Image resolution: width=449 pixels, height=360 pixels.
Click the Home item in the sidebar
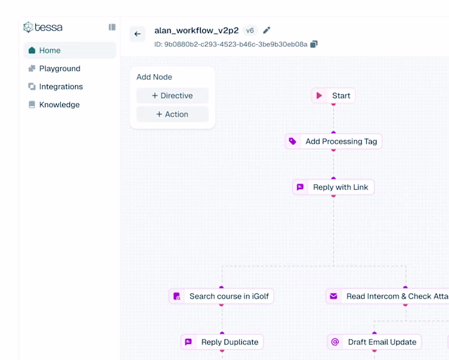69,51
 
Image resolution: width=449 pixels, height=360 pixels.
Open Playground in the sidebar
55,69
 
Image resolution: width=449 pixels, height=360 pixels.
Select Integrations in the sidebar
56,87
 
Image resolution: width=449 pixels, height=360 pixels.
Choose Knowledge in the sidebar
54,105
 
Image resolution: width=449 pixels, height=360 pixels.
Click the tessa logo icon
28,27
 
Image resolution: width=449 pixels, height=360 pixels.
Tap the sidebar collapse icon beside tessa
112,27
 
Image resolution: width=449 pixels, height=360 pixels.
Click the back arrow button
137,34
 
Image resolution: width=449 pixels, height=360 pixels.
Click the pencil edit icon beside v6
267,30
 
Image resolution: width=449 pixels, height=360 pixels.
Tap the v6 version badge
250,30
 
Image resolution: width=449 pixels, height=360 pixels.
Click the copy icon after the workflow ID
314,44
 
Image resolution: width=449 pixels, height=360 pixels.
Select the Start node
334,96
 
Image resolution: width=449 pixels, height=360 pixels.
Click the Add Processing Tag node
334,141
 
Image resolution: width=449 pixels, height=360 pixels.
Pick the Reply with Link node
334,187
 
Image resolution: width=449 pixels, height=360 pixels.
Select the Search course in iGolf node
221,296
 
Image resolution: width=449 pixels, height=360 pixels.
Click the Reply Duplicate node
222,342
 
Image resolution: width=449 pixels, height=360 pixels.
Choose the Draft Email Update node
374,342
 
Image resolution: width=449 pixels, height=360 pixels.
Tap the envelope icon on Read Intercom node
334,296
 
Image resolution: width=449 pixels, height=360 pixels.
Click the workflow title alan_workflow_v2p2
196,30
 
